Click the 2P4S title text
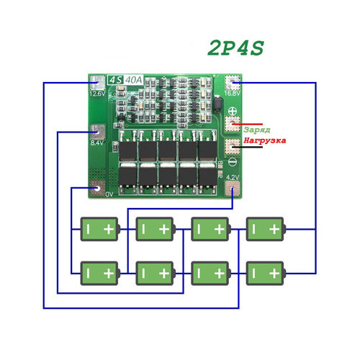[x=235, y=48]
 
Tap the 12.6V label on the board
[x=97, y=94]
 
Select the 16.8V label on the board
[x=232, y=94]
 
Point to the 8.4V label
[x=97, y=143]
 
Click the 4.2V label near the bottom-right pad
[x=233, y=177]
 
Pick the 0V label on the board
[x=109, y=194]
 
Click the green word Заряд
[x=256, y=130]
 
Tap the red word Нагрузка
[x=265, y=140]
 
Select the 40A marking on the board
[x=133, y=80]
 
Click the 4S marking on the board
[x=116, y=80]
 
